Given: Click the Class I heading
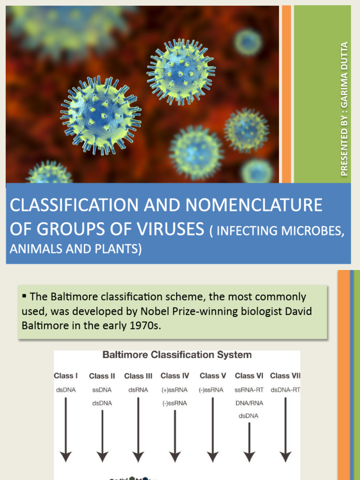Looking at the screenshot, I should click(66, 375).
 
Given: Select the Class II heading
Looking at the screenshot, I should click(102, 376).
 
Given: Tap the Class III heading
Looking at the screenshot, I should click(138, 376).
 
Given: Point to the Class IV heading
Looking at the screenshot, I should click(175, 375).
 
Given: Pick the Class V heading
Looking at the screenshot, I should click(213, 375).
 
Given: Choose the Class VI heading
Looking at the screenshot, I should click(249, 375).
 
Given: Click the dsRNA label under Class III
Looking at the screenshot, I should click(138, 390).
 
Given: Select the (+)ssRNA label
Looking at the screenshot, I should click(174, 390).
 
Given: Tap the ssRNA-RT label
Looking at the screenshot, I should click(249, 390).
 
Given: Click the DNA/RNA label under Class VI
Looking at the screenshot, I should click(249, 403).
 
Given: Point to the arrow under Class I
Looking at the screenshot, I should click(66, 429).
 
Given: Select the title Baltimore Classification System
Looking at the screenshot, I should click(177, 355).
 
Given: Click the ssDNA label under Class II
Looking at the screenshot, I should click(102, 390).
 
